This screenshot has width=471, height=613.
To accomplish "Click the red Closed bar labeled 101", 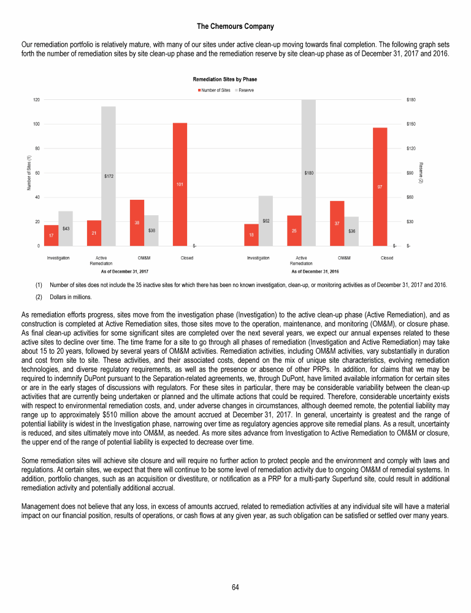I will coord(180,184).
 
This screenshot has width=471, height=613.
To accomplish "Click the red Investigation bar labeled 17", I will coord(52,235).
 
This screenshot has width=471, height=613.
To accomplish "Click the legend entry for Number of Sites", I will coord(214,90).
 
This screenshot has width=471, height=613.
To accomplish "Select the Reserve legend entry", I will coord(246,90).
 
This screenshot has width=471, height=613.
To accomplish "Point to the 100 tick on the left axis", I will coord(36,124).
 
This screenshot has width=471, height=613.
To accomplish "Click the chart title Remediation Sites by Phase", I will coord(224,80).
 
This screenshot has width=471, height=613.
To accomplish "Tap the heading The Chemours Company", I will coord(235,26).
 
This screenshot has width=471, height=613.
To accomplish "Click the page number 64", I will coord(235,587).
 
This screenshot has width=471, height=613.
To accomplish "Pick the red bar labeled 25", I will coord(294,230).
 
